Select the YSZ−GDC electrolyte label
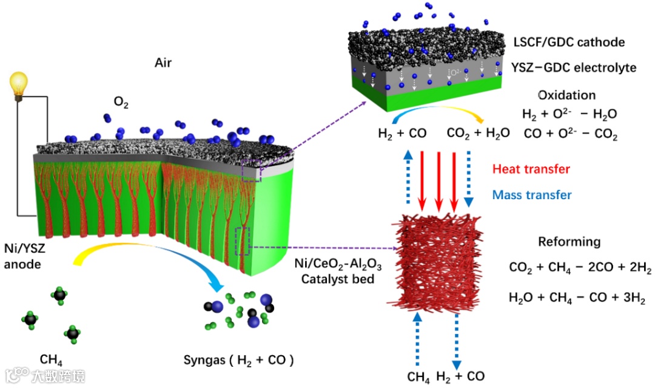click(x=574, y=67)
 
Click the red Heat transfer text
click(x=531, y=169)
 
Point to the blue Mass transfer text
click(x=532, y=195)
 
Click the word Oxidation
click(x=567, y=95)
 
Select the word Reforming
click(x=569, y=242)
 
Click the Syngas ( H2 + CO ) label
click(x=239, y=360)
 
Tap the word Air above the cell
click(x=165, y=61)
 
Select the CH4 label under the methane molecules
click(x=51, y=359)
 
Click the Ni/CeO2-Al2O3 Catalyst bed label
click(x=324, y=271)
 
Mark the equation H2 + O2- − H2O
click(x=569, y=114)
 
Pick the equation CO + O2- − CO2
click(x=569, y=136)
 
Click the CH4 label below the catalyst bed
click(x=418, y=377)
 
